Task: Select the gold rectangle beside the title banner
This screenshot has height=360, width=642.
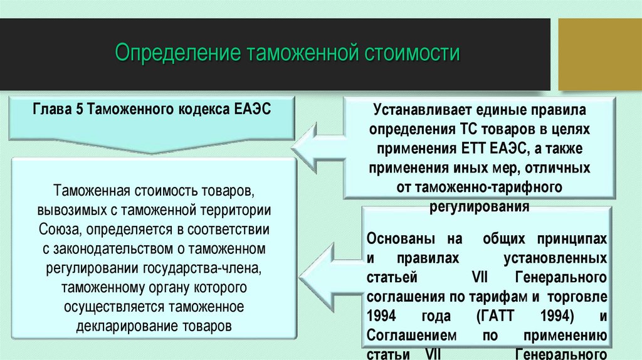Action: [x=600, y=54]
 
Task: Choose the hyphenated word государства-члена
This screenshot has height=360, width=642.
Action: [x=198, y=268]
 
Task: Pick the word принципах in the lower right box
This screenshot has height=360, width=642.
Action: [x=574, y=240]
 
